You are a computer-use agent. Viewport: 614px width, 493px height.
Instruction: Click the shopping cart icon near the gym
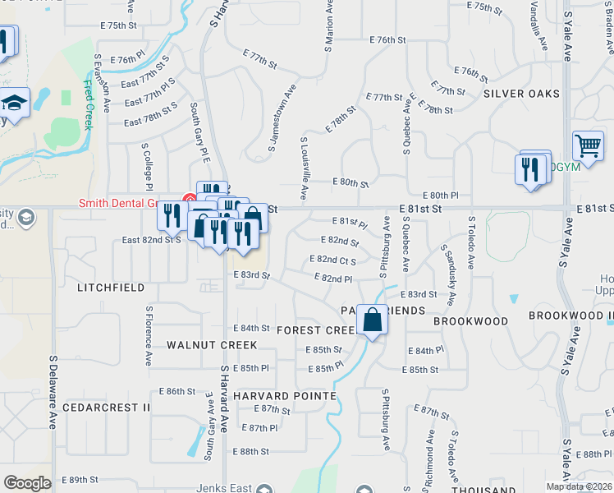(x=589, y=146)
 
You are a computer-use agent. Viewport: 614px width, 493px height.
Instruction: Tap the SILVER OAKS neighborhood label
(x=521, y=94)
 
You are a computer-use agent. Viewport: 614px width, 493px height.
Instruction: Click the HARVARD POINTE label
(x=284, y=396)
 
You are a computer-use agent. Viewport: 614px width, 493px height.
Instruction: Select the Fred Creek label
(x=89, y=104)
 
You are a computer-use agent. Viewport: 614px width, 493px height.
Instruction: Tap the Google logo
(x=27, y=483)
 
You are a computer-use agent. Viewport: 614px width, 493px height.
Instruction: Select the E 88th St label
(x=250, y=452)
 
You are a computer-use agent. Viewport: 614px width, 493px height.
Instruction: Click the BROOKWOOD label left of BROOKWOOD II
(x=471, y=320)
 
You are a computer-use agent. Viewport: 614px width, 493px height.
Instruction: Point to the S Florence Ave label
(x=149, y=336)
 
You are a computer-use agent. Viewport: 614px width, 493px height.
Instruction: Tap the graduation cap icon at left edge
(x=14, y=103)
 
